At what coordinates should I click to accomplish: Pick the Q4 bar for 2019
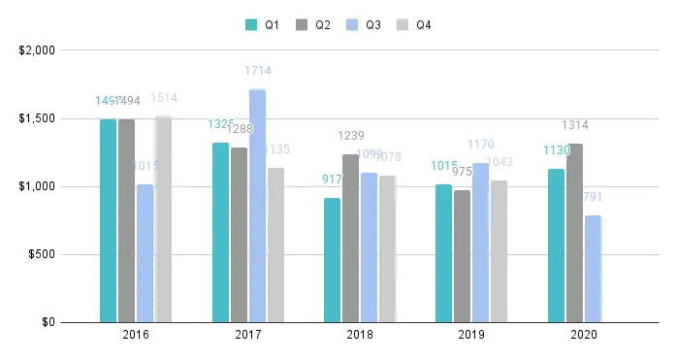(x=499, y=251)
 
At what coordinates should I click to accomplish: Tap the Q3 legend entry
(x=366, y=24)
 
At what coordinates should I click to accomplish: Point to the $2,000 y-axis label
(x=38, y=50)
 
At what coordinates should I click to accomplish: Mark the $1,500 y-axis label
(x=38, y=118)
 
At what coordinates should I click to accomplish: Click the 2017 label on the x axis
(x=248, y=335)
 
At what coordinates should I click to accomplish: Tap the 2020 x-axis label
(x=584, y=335)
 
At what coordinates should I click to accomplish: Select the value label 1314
(x=575, y=125)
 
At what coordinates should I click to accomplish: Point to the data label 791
(x=593, y=198)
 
